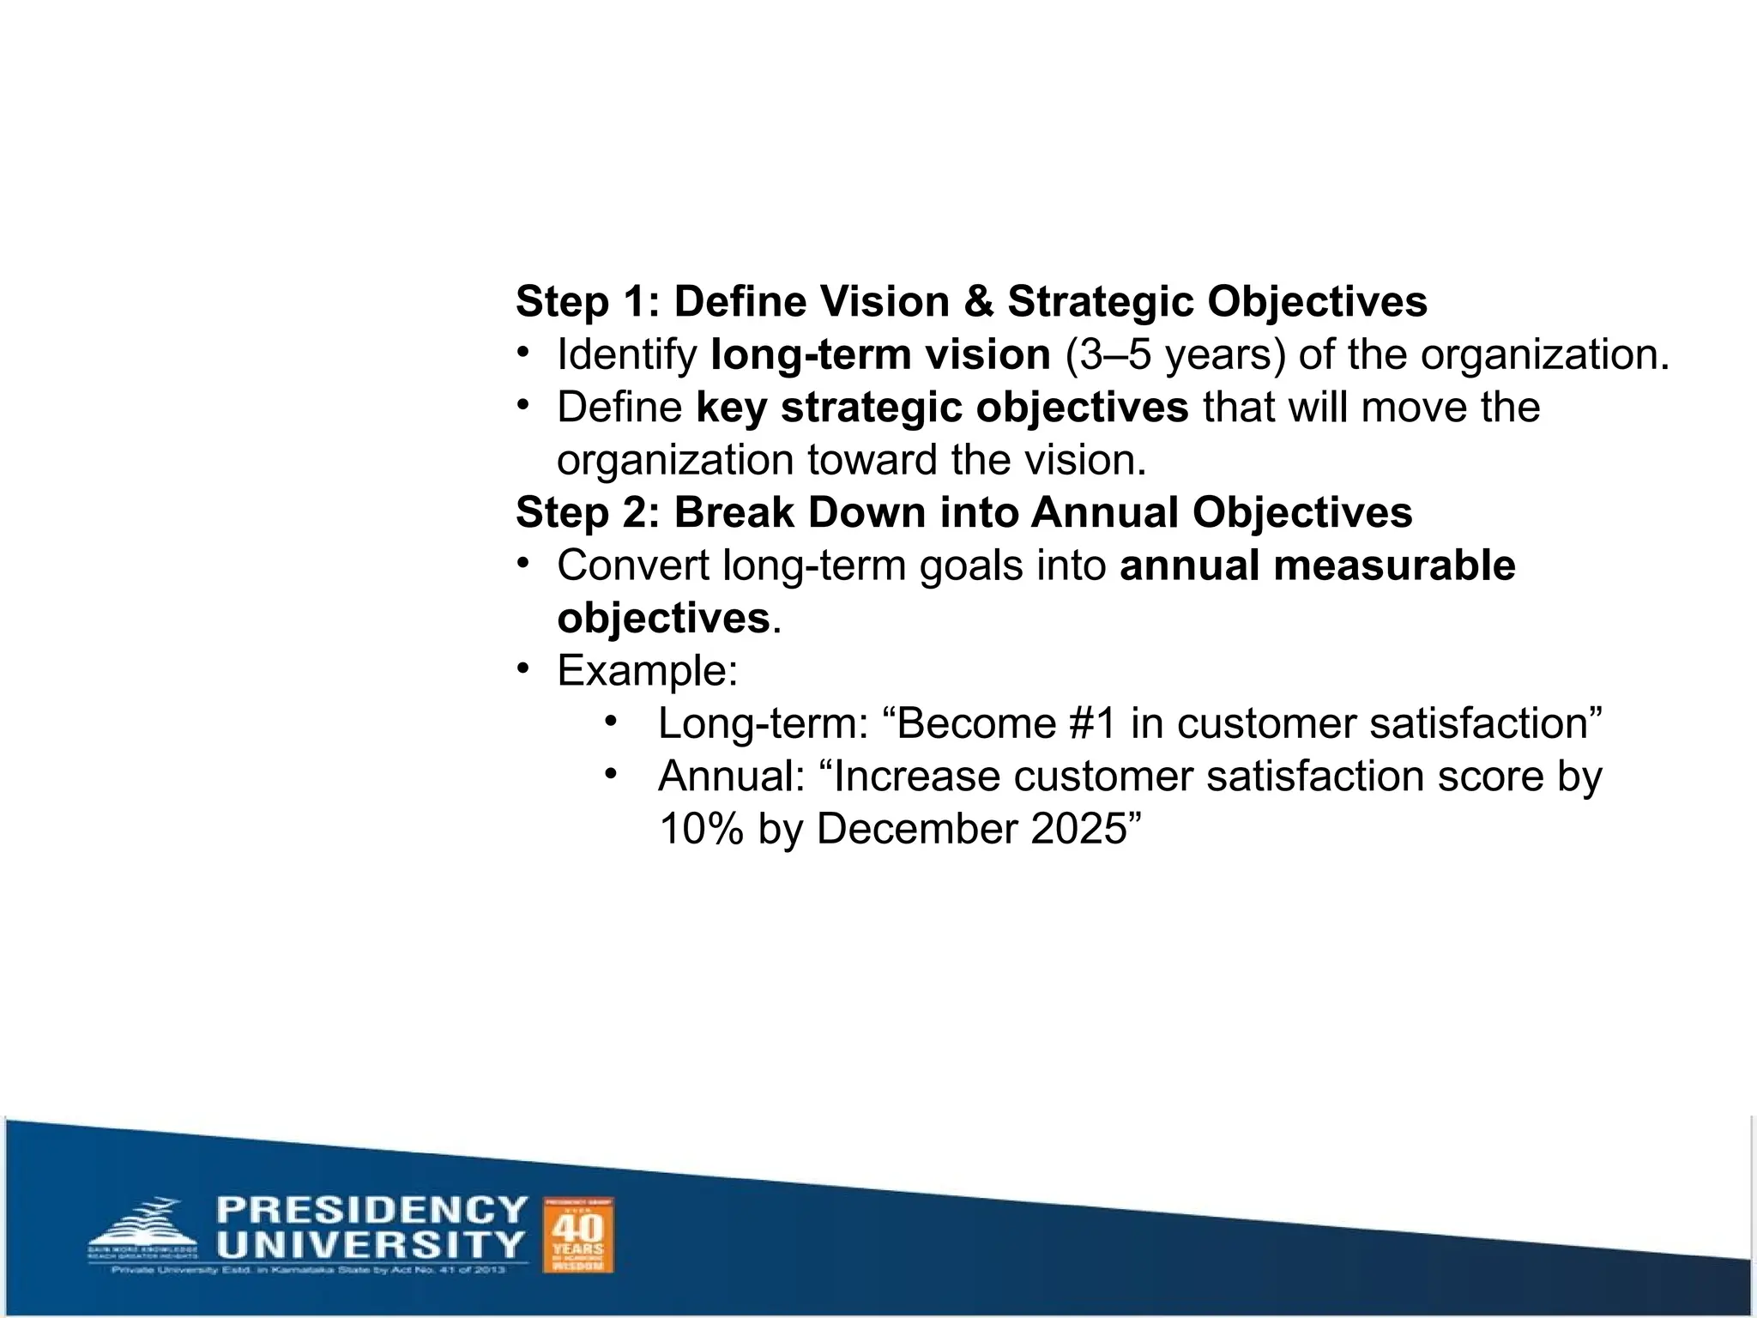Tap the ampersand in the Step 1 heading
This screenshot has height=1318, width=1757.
pyautogui.click(x=978, y=302)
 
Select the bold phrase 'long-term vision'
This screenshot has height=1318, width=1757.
pyautogui.click(x=880, y=354)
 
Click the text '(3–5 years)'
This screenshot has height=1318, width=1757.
pyautogui.click(x=1174, y=354)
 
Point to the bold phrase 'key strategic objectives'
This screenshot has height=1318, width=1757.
pyautogui.click(x=941, y=407)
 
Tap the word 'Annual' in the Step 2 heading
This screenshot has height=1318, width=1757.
pyautogui.click(x=1104, y=512)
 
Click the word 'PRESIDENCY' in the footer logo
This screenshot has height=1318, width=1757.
pyautogui.click(x=371, y=1210)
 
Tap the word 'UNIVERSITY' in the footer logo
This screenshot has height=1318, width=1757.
pyautogui.click(x=371, y=1244)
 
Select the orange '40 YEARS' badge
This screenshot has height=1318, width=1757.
pyautogui.click(x=578, y=1234)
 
